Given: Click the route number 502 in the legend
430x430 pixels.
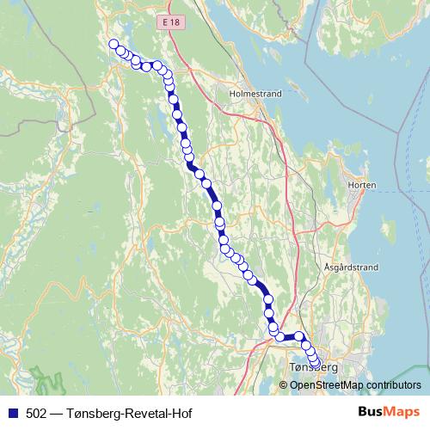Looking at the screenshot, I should pyautogui.click(x=38, y=412).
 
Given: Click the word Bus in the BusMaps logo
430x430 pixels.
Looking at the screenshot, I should pyautogui.click(x=372, y=412).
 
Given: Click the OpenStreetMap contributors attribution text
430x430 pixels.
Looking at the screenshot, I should pyautogui.click(x=355, y=384).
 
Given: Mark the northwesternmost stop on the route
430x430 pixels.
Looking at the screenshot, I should pyautogui.click(x=114, y=45).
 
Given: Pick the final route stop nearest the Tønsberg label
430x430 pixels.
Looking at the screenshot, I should pyautogui.click(x=314, y=363).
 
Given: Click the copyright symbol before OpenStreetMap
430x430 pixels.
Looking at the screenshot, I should pyautogui.click(x=285, y=384).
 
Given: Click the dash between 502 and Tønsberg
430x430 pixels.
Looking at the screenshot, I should pyautogui.click(x=57, y=412).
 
